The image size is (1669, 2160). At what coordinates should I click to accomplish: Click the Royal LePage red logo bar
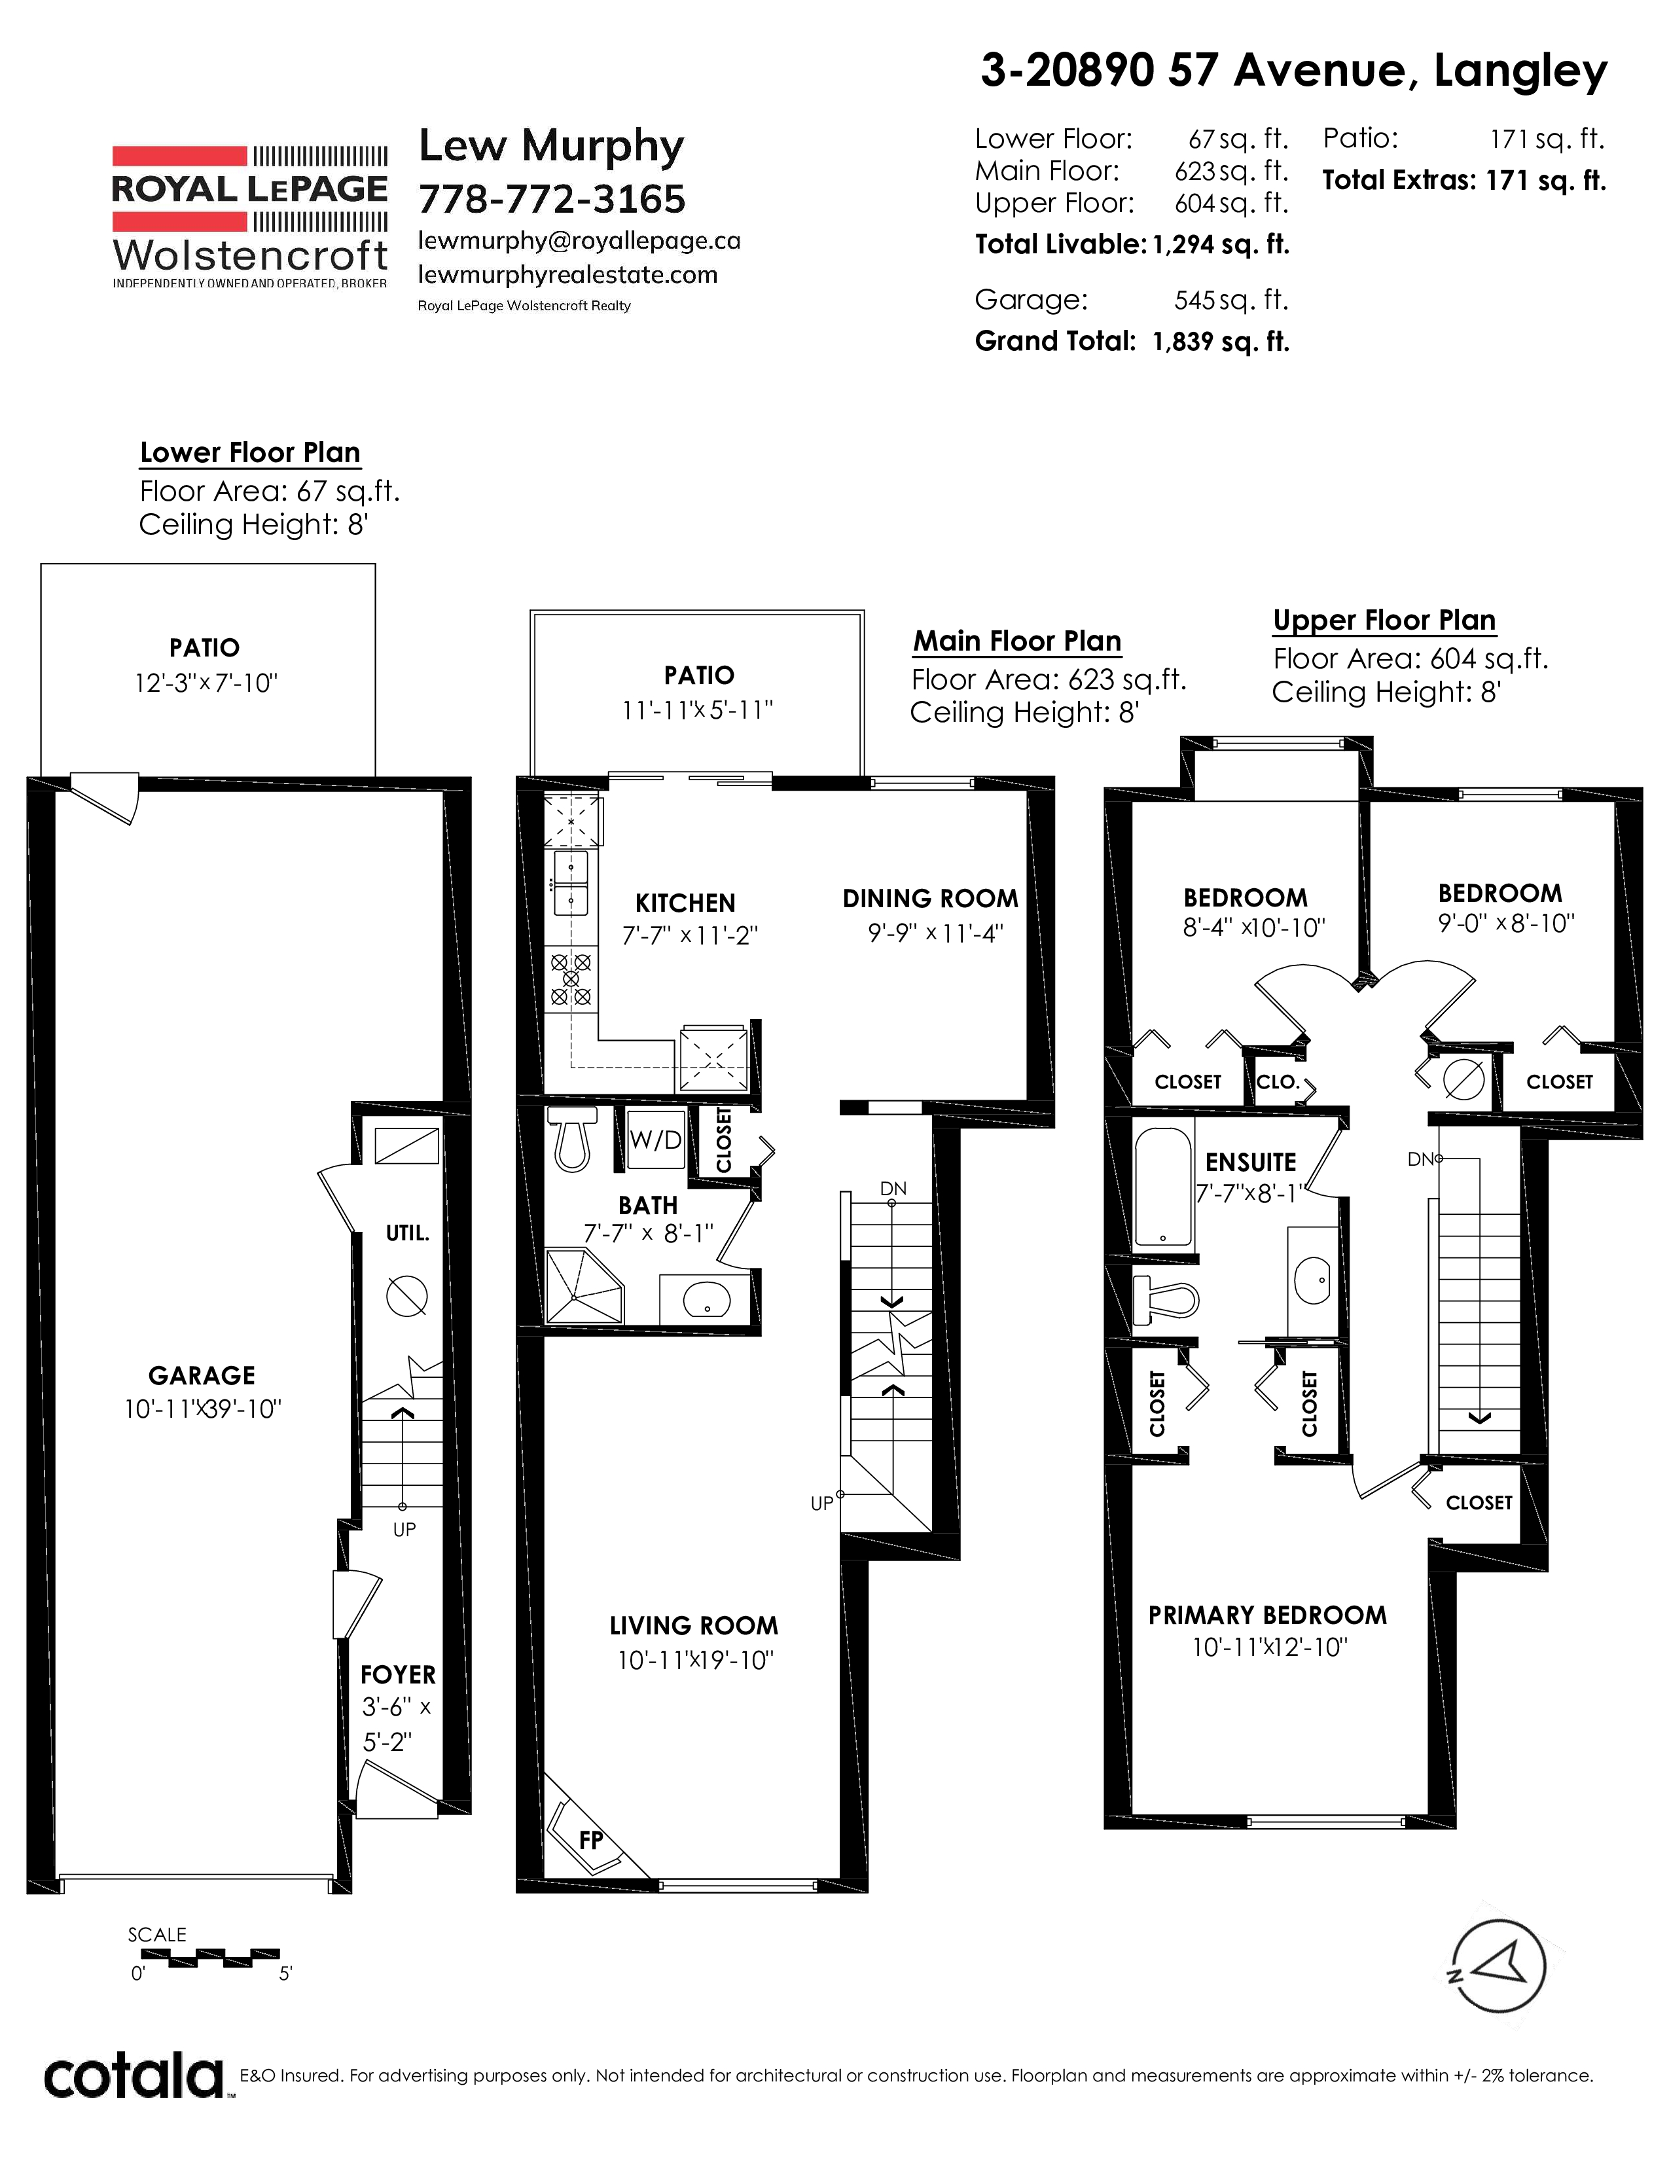click(x=179, y=156)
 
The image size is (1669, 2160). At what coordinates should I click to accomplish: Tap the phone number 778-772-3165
click(x=552, y=200)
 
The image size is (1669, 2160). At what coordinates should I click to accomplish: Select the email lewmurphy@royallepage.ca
click(x=579, y=242)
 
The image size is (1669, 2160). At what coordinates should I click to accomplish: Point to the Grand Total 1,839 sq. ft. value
click(x=1221, y=342)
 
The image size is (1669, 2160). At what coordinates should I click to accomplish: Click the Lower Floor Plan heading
click(x=250, y=453)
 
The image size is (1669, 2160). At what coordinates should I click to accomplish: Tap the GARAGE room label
click(x=202, y=1376)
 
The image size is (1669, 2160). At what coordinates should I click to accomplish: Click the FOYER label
click(x=397, y=1674)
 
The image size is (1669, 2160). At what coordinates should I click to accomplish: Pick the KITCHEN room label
click(x=685, y=903)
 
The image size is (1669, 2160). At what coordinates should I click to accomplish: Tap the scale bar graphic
click(x=206, y=1957)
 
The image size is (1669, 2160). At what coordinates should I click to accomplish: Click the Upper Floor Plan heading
click(x=1384, y=620)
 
